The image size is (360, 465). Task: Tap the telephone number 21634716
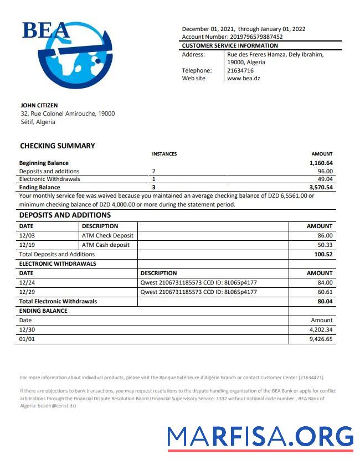click(x=240, y=70)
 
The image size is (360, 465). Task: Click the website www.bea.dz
click(x=244, y=78)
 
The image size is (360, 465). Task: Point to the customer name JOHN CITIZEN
click(x=39, y=105)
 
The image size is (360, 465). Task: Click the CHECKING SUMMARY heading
click(x=58, y=146)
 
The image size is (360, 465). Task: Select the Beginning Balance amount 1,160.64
click(x=321, y=163)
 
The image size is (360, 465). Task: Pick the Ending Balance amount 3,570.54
click(x=321, y=188)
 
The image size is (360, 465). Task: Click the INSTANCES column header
click(x=164, y=154)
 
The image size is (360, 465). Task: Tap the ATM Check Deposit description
click(x=107, y=235)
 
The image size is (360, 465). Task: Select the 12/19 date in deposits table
click(x=27, y=245)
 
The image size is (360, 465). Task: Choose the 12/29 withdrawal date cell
click(x=27, y=292)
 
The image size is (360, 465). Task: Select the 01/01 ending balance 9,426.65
click(x=321, y=339)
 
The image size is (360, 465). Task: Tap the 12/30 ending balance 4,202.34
click(x=321, y=330)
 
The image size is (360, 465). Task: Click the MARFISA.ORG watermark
click(x=260, y=437)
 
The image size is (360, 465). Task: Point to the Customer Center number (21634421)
click(x=311, y=378)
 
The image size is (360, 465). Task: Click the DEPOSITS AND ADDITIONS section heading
click(x=65, y=215)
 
